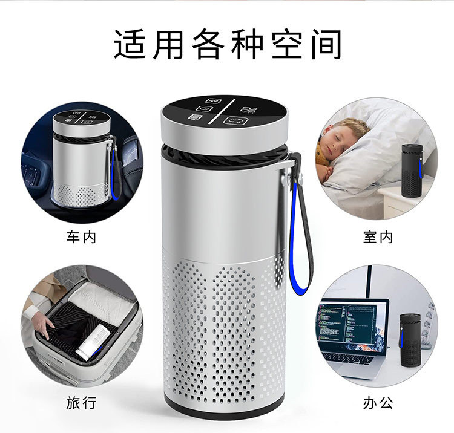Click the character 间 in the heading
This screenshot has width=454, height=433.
pyautogui.click(x=324, y=44)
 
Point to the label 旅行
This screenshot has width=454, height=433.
pyautogui.click(x=81, y=403)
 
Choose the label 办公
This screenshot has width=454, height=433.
pyautogui.click(x=378, y=403)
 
